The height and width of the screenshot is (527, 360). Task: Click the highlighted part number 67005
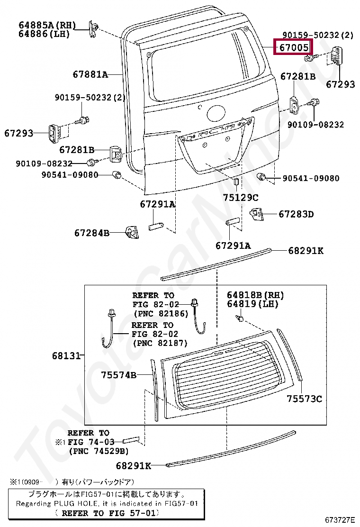294,48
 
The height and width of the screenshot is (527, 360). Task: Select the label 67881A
90,74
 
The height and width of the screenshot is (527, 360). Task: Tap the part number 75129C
241,198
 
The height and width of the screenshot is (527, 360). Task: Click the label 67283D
296,214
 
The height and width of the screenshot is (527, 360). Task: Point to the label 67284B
92,233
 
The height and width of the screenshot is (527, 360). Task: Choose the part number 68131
67,355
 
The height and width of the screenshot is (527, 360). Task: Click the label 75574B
118,375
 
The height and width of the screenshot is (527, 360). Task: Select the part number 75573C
304,399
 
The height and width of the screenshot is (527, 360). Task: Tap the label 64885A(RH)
47,25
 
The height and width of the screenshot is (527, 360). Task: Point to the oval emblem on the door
216,113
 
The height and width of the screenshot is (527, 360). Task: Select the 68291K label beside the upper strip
306,251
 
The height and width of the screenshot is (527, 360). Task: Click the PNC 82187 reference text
160,343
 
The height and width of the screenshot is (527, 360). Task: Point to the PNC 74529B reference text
99,451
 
